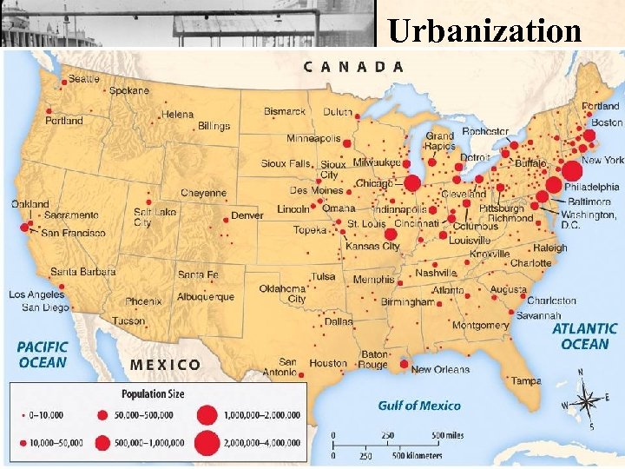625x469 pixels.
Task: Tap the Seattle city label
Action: [x=83, y=79]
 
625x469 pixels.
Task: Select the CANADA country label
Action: [x=353, y=65]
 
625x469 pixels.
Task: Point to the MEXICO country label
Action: [x=165, y=365]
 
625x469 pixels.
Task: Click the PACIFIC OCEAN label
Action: [x=42, y=354]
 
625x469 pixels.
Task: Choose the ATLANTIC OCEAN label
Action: [x=585, y=336]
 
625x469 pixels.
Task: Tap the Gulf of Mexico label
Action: [x=419, y=406]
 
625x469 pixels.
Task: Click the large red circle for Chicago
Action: [x=412, y=182]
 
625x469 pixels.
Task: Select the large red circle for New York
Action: [x=571, y=171]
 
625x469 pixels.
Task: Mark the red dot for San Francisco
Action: [x=24, y=228]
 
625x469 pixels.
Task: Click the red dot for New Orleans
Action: [x=404, y=363]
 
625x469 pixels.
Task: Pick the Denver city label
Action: [x=247, y=215]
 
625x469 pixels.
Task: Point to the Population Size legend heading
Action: [x=153, y=393]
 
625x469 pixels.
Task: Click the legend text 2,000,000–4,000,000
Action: [x=260, y=442]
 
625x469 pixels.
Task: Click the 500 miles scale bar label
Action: [x=447, y=435]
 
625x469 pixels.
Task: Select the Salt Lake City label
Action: [x=155, y=217]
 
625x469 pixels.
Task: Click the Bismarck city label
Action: [x=285, y=111]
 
